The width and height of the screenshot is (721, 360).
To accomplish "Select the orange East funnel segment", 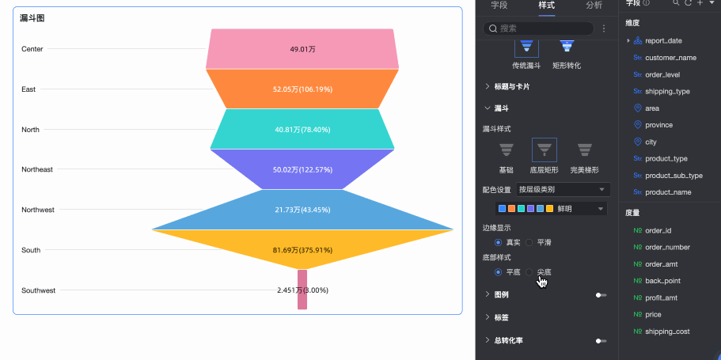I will (302, 89).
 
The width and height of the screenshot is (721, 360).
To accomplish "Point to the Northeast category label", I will (37, 169).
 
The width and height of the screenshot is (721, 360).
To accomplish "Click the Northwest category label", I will (38, 210).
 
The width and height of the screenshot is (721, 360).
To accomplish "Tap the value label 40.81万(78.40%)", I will (302, 129).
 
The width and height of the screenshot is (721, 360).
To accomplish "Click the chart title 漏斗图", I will (32, 17).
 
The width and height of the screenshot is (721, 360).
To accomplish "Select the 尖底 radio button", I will (529, 272).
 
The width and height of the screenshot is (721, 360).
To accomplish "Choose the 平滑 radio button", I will (529, 243).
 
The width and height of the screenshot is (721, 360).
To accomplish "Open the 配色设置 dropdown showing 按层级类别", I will (563, 190).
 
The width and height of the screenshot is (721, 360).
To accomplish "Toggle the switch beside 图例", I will (601, 295).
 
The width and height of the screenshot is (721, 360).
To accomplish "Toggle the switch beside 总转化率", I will (601, 341).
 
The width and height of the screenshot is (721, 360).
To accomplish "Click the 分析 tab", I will (594, 6).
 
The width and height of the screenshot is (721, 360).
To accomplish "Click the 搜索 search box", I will (542, 28).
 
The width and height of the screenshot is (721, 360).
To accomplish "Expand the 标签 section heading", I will (501, 317).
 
